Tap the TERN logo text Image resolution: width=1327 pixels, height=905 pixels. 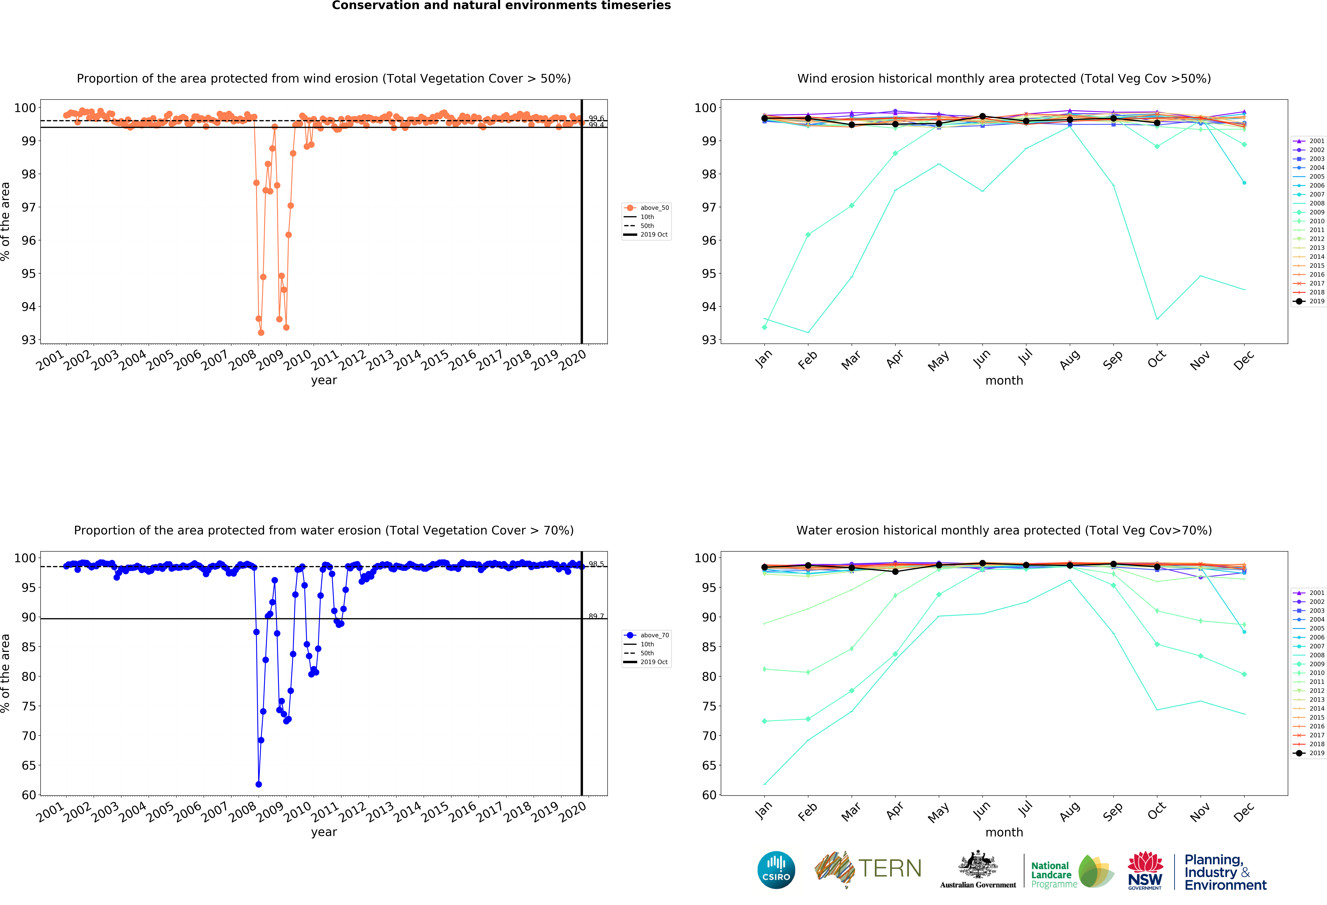890,868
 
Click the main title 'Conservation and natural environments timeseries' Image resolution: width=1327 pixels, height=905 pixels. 501,6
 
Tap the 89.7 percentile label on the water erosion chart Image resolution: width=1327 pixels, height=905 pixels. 596,616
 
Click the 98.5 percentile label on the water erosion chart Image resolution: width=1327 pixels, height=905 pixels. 596,564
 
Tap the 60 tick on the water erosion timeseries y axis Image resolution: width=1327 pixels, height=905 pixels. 29,795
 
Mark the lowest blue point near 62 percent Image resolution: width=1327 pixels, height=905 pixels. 259,784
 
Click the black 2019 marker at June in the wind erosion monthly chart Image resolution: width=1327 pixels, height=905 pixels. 983,117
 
